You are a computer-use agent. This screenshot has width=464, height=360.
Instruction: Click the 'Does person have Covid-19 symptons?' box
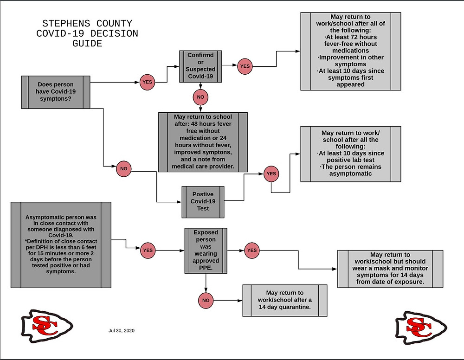coord(56,92)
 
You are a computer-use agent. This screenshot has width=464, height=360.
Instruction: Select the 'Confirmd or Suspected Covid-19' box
coord(200,66)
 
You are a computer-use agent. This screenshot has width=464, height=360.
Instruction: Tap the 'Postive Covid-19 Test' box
coord(203,202)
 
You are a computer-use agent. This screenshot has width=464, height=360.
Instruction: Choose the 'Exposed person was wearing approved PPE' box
coord(206,251)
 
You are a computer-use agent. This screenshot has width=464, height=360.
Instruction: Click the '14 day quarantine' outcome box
coord(285,301)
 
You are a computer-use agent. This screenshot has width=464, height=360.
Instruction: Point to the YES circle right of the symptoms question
coord(148,82)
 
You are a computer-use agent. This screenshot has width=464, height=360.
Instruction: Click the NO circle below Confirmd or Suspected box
coord(200,97)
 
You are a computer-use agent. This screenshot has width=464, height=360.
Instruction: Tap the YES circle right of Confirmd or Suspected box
coord(245,66)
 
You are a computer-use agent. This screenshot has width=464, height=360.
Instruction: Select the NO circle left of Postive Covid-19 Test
coord(124,169)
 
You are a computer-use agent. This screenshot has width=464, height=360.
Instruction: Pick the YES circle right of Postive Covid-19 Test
coord(271,174)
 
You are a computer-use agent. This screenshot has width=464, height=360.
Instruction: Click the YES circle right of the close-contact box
coord(148,251)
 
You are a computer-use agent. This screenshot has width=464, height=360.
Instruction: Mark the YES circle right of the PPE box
coord(252,251)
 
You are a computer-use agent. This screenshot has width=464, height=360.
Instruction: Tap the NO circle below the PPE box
coord(206,301)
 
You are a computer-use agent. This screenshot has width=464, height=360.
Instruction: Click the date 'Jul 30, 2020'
coord(121,331)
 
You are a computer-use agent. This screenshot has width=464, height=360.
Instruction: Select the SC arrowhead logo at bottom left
coord(47,326)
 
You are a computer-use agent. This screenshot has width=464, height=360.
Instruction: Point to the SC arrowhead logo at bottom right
coord(421,328)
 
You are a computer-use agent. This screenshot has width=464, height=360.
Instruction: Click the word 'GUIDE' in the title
coord(87,44)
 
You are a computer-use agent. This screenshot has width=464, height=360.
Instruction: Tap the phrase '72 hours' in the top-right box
coord(364,37)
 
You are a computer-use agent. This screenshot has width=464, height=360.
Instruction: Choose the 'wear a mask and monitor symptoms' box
coord(390,269)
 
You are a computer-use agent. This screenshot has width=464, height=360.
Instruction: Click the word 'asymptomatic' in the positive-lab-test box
coord(351,174)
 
